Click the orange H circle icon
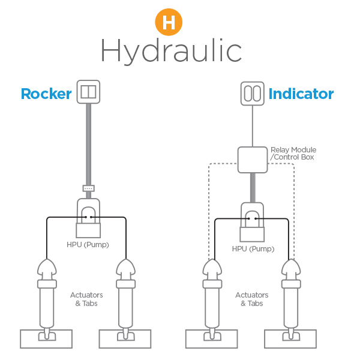tap(169, 22)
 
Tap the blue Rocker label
tap(46, 94)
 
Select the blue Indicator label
tap(301, 94)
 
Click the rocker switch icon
tap(88, 92)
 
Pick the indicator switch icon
tap(253, 94)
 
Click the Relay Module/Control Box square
tap(253, 160)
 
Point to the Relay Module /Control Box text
tap(293, 154)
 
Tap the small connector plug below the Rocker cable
tap(88, 188)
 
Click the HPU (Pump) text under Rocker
tap(88, 245)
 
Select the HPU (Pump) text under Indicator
tap(253, 249)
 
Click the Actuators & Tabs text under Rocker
tap(86, 299)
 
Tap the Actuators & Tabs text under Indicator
tap(252, 299)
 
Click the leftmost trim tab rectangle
tap(46, 339)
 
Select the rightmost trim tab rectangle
tap(290, 339)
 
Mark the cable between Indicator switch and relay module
tap(253, 126)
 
